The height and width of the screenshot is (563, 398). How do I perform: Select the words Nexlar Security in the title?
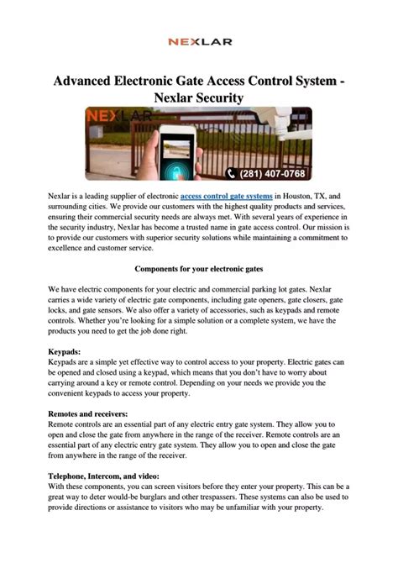click(x=199, y=98)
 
